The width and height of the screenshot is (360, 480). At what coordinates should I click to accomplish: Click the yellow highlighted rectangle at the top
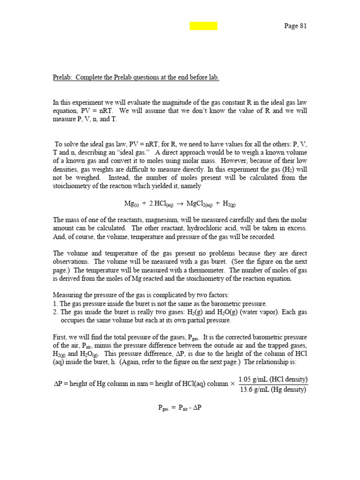203,26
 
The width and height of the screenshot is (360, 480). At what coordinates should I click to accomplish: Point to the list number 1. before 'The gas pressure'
55,303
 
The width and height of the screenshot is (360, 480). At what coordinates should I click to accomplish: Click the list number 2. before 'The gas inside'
55,312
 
